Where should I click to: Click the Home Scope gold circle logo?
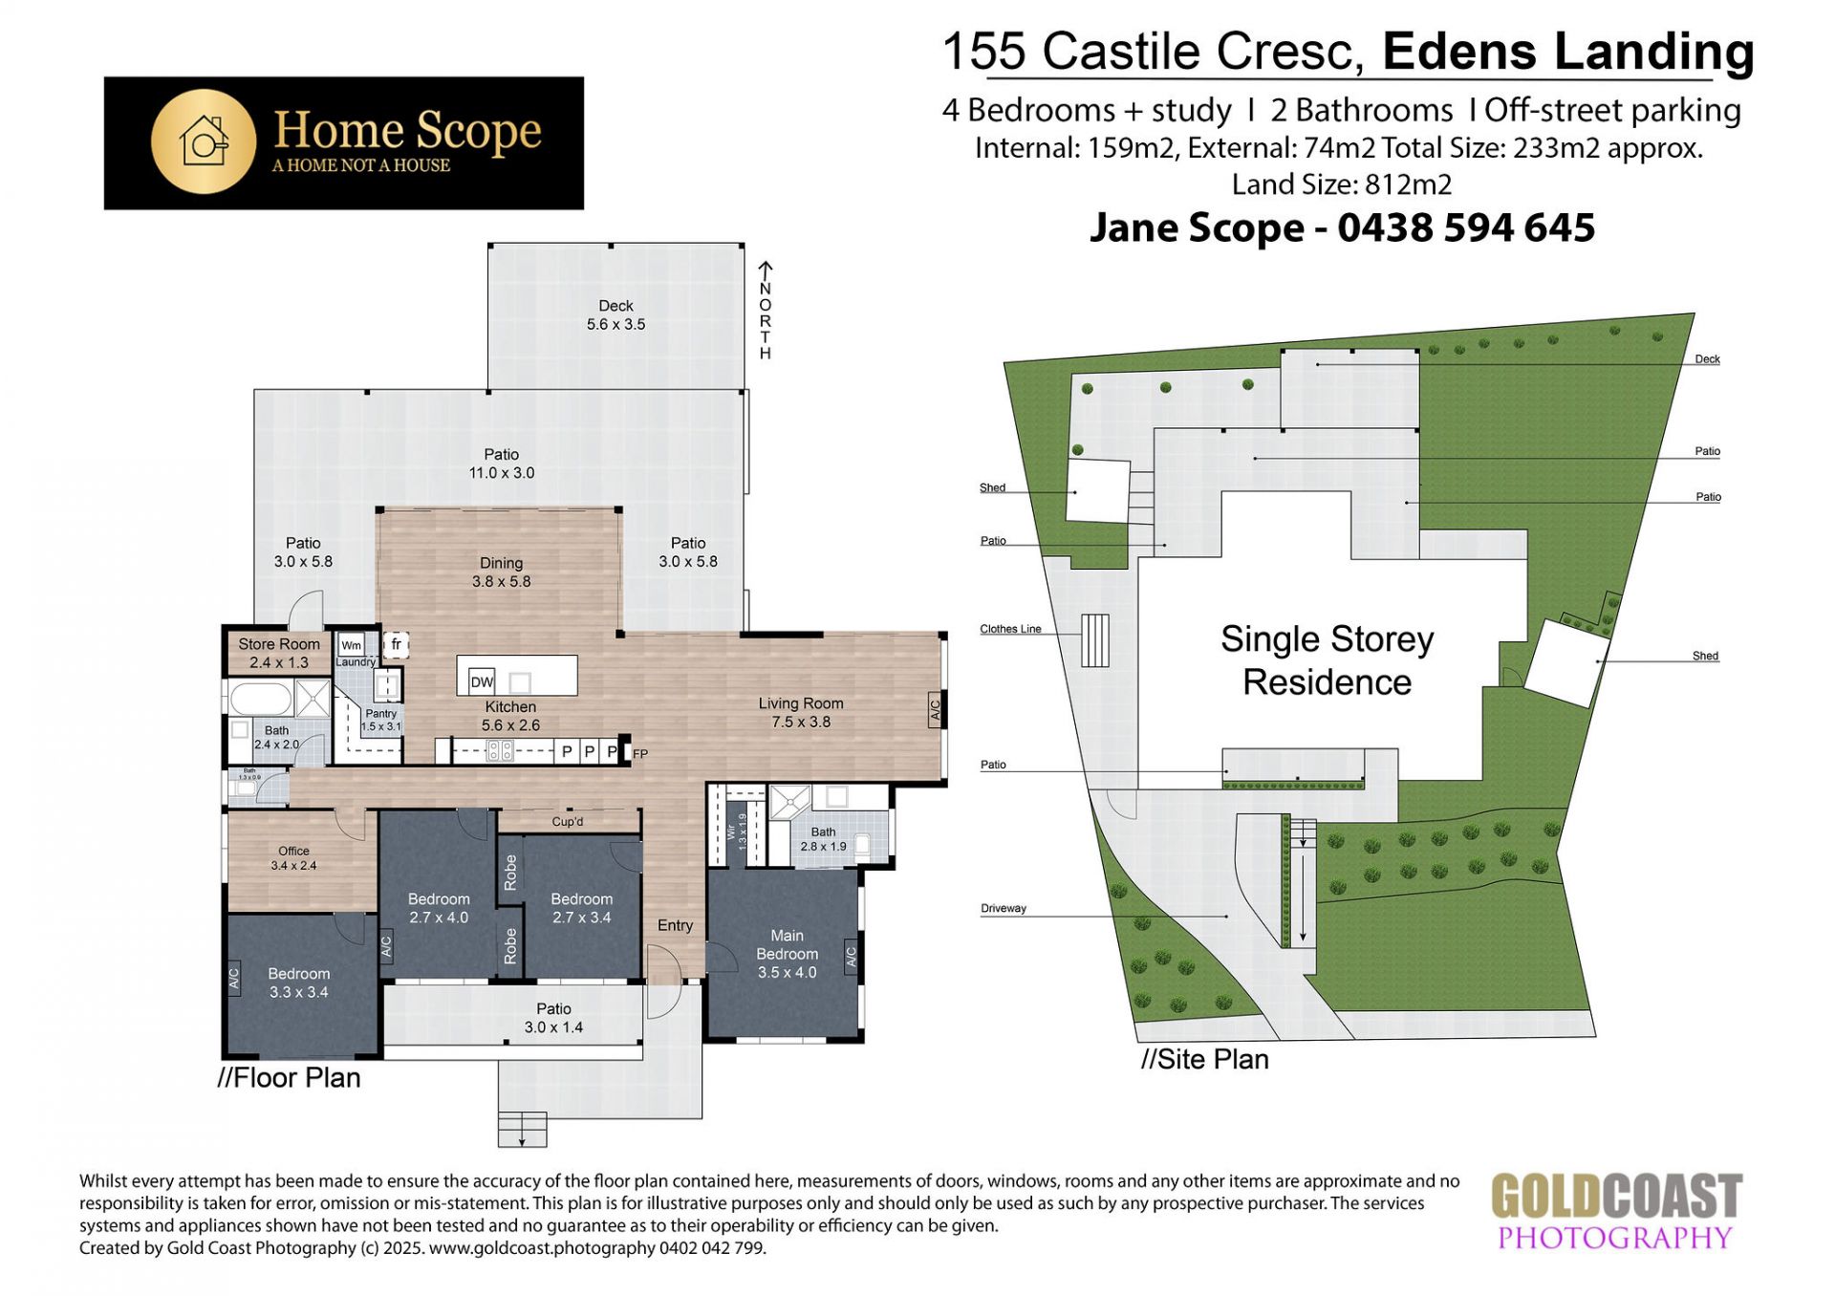point(204,142)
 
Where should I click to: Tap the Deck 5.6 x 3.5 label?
point(615,315)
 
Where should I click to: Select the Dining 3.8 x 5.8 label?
point(501,572)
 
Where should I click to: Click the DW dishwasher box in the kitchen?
point(482,681)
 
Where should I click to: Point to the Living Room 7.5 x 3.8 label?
point(801,713)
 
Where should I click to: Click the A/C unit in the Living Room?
point(936,709)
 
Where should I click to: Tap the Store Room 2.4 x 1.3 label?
point(279,654)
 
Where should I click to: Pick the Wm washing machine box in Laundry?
point(352,645)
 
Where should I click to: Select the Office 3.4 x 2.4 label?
point(293,858)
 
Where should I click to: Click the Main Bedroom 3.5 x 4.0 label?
point(787,954)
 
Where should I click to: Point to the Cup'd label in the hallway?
point(568,822)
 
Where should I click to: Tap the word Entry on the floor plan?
point(675,925)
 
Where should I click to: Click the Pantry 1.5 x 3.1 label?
point(380,720)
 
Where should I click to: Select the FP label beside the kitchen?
point(640,754)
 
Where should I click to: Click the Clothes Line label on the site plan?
point(1010,629)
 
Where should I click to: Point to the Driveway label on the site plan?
point(1004,908)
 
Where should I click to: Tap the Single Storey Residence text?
point(1327,660)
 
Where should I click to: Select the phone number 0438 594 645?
point(1466,227)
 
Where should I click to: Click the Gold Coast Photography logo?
point(1616,1212)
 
